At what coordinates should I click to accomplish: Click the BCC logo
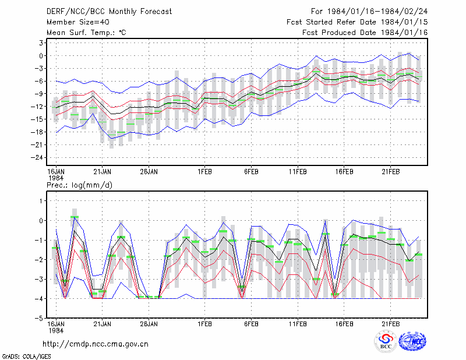(386, 341)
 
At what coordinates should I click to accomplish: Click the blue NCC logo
(412, 341)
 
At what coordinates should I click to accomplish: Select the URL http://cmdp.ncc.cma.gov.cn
(96, 344)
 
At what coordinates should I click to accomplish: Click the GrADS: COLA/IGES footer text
(26, 357)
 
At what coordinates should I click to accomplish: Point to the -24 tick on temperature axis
(37, 157)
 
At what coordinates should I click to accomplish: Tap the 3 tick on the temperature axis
(41, 43)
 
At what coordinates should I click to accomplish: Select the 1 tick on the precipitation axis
(41, 201)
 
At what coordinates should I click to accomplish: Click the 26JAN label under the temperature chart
(149, 172)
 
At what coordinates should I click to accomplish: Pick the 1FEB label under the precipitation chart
(205, 324)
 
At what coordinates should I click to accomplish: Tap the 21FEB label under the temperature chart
(390, 172)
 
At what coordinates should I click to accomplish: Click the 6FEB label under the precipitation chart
(251, 324)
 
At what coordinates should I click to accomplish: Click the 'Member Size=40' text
(78, 22)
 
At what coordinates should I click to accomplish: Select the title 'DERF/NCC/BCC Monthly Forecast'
(109, 12)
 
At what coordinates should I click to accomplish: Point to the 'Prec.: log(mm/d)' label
(79, 185)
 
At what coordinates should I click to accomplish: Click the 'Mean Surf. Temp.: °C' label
(86, 33)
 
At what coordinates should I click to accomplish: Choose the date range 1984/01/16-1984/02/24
(377, 12)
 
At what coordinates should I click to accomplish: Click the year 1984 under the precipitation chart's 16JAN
(56, 330)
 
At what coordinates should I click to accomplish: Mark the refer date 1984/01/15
(404, 22)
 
